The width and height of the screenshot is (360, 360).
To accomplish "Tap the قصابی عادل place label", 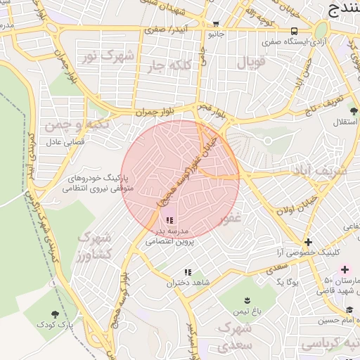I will [x=65, y=141].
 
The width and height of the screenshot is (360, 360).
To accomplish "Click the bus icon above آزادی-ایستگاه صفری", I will [x=294, y=31].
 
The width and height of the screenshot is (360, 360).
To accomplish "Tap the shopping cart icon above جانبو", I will [x=214, y=22].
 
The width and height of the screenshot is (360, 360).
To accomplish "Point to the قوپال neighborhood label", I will [x=252, y=63].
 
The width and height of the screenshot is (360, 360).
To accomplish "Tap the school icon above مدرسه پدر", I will [x=169, y=221].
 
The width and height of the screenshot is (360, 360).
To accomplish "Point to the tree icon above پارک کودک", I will [x=56, y=314].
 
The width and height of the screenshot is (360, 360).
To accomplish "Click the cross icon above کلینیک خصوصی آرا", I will [x=308, y=242].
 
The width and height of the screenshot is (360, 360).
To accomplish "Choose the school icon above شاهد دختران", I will [x=187, y=272].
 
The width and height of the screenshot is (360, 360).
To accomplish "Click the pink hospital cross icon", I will [x=345, y=269].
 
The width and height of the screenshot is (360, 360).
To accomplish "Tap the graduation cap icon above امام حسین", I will [x=349, y=310].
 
